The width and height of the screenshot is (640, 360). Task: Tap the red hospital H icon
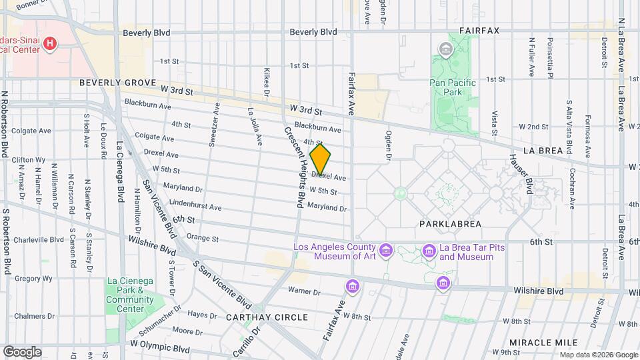pyautogui.click(x=49, y=44)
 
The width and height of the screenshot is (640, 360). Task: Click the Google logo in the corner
pyautogui.click(x=21, y=351)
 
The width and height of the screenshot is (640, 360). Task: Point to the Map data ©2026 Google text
pyautogui.click(x=598, y=355)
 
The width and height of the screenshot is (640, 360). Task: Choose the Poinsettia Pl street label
pyautogui.click(x=551, y=57)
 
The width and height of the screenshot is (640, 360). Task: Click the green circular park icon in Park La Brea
pyautogui.click(x=400, y=194)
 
